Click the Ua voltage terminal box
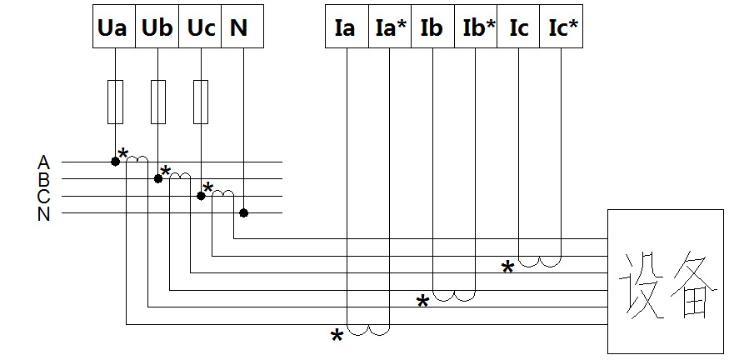[114, 26]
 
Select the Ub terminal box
[157, 26]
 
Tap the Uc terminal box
[200, 26]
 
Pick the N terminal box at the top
[242, 26]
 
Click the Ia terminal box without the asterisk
[347, 26]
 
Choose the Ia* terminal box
[390, 26]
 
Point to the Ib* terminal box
[476, 26]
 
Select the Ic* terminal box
[562, 26]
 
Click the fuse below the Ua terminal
[116, 102]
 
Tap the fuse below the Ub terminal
[158, 102]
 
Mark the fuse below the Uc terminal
[201, 102]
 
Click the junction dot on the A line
[115, 162]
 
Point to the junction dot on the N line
[243, 213]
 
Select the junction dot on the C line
[201, 196]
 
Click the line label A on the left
[43, 162]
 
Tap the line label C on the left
[43, 197]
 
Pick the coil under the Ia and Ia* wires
[368, 330]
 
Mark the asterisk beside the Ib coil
[422, 302]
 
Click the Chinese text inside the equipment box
[668, 285]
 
